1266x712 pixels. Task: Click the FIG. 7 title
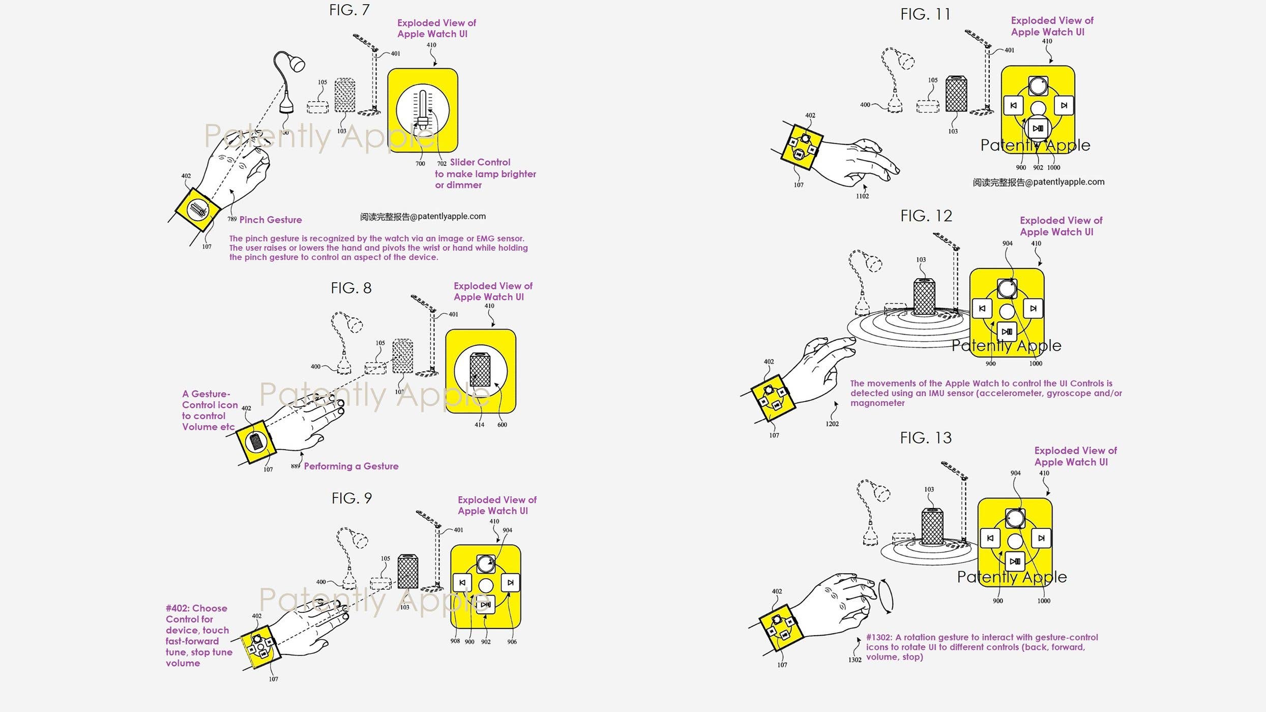(x=349, y=10)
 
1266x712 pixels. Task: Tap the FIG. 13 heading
(x=925, y=438)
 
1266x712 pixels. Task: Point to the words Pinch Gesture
(x=270, y=220)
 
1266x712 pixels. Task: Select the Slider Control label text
(x=480, y=162)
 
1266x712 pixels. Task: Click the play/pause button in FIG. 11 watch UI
(x=1037, y=128)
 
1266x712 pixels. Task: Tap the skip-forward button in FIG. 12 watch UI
(x=1033, y=308)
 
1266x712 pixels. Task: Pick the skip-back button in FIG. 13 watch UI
(x=990, y=538)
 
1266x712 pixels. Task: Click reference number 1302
(x=855, y=660)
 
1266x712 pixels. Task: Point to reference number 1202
(x=832, y=424)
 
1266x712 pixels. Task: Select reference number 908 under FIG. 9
(x=455, y=641)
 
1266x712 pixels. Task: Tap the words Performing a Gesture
(x=351, y=466)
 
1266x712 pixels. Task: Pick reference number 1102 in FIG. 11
(x=862, y=196)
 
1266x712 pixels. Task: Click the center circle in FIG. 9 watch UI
(x=486, y=585)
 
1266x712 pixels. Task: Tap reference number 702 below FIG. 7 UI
(x=441, y=164)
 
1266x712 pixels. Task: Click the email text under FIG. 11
(x=1038, y=182)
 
